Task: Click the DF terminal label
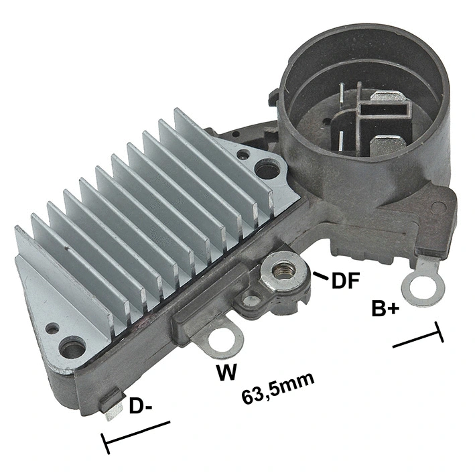pyautogui.click(x=346, y=280)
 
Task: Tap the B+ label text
pyautogui.click(x=387, y=309)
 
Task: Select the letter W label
pyautogui.click(x=226, y=371)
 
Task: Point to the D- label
pyautogui.click(x=141, y=406)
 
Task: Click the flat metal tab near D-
pyautogui.click(x=112, y=407)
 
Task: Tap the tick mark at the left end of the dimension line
pyautogui.click(x=105, y=443)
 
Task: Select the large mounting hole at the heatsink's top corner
pyautogui.click(x=267, y=169)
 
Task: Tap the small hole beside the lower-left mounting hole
pyautogui.click(x=51, y=329)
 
